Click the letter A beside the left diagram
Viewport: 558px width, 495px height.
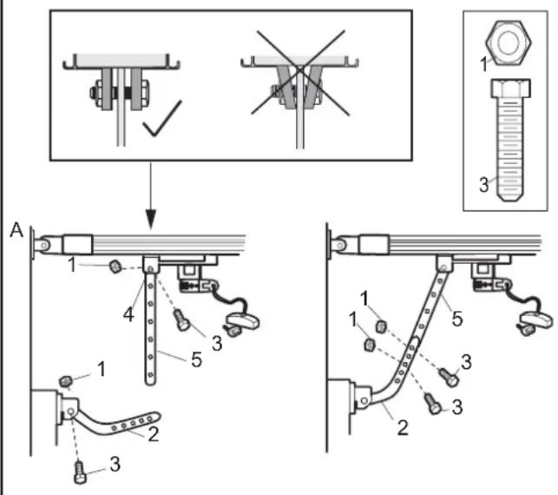click(x=16, y=230)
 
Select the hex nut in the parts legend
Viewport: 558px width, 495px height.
click(x=509, y=43)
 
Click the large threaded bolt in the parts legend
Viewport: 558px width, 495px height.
click(x=510, y=140)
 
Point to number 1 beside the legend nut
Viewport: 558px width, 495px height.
click(x=483, y=64)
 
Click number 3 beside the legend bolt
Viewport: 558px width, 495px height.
click(x=483, y=185)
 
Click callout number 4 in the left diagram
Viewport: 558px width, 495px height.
click(x=128, y=315)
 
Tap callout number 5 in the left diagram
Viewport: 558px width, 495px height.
click(x=196, y=360)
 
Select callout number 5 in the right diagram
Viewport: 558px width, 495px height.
click(x=457, y=319)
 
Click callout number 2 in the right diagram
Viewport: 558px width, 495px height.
click(x=403, y=427)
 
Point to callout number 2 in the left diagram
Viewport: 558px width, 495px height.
click(x=154, y=434)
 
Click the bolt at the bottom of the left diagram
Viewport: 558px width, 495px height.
click(x=80, y=472)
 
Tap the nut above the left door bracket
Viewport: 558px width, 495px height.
click(x=65, y=381)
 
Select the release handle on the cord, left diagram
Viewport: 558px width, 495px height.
click(x=243, y=320)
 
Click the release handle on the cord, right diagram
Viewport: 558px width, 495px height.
click(x=536, y=319)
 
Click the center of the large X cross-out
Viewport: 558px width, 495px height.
click(x=300, y=72)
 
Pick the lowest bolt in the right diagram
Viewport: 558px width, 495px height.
click(x=432, y=404)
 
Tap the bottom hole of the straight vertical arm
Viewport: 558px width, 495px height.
click(x=150, y=374)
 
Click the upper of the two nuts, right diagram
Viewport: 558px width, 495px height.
click(x=381, y=327)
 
